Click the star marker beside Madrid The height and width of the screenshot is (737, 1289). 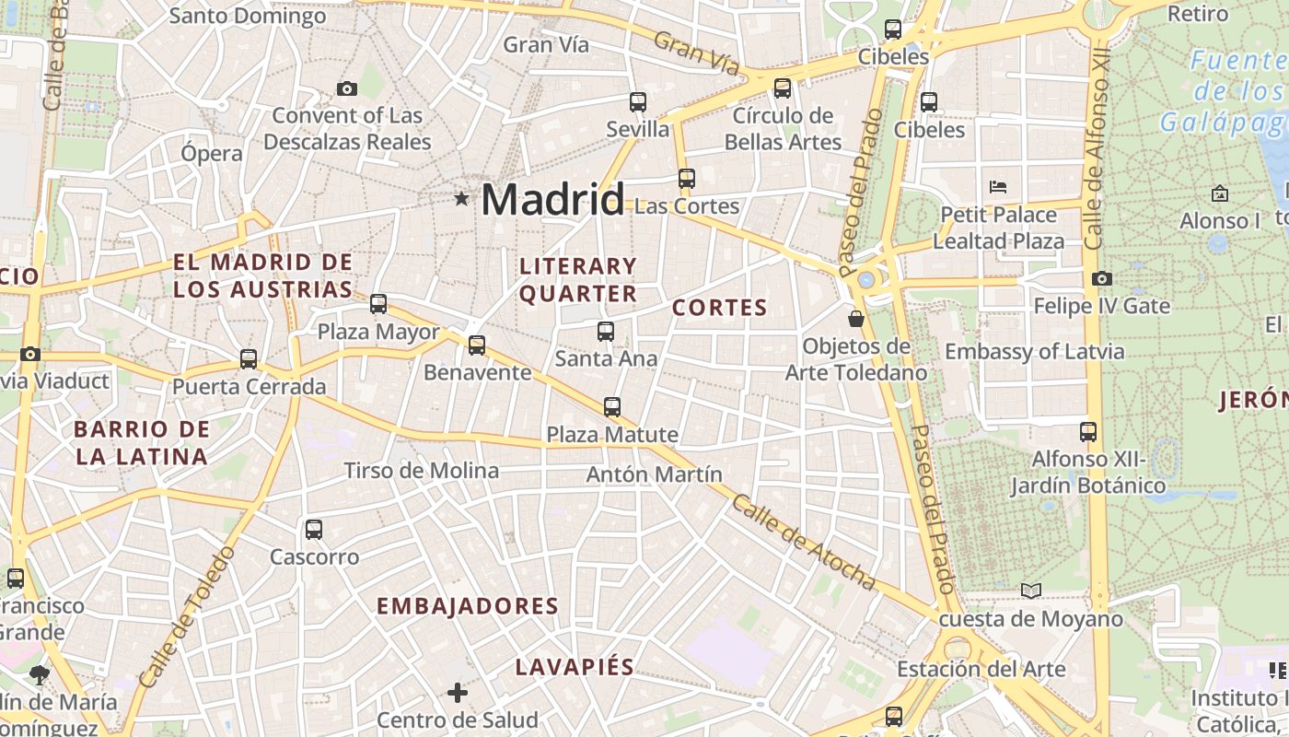461,199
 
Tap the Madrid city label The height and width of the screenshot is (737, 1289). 552,199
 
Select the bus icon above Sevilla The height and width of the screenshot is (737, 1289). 637,102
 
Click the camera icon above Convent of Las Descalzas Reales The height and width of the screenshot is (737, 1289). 347,88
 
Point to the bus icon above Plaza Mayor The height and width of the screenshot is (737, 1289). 378,304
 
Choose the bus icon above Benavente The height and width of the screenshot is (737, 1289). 477,345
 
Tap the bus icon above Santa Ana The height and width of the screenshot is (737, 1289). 606,332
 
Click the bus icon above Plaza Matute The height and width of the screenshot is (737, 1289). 612,407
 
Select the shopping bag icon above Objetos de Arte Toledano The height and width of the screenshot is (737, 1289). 856,319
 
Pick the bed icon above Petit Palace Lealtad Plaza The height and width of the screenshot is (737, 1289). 998,187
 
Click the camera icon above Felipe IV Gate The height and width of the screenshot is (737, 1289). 1101,278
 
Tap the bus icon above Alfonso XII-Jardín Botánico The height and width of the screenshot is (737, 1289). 1088,431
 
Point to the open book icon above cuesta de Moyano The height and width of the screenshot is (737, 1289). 1031,591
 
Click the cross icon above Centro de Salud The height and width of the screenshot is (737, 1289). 458,692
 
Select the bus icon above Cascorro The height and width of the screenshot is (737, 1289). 314,530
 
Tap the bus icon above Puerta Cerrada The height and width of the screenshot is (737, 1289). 249,359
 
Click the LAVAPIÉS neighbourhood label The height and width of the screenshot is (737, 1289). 575,667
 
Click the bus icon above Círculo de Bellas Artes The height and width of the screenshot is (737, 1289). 783,88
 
